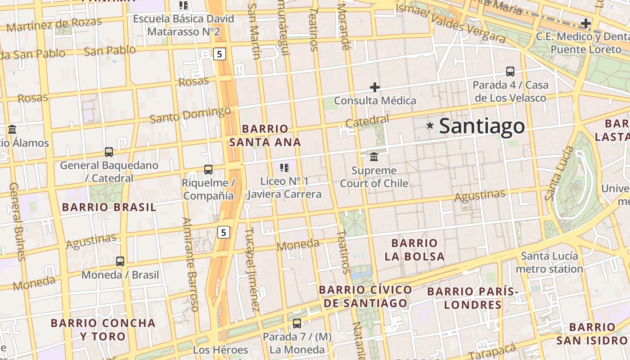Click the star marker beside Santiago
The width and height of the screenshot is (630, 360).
point(430,126)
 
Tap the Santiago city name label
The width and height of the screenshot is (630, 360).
point(481,126)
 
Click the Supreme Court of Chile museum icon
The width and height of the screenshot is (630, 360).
point(374,157)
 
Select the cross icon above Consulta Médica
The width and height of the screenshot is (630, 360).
point(374,87)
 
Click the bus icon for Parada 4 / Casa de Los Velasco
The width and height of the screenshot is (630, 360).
point(510,71)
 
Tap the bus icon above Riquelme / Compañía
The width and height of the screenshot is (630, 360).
point(208,170)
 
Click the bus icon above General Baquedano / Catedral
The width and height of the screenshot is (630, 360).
point(109,152)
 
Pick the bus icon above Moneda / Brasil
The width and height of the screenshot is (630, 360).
point(120,261)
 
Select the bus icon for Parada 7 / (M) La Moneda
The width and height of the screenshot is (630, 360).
point(297,323)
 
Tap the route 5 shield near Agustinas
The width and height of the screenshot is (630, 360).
point(224,232)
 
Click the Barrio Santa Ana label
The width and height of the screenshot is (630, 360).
point(265,135)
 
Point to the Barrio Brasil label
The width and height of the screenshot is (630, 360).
point(109,207)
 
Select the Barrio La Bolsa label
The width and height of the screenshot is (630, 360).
point(414,250)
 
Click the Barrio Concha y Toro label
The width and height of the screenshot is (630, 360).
point(103,329)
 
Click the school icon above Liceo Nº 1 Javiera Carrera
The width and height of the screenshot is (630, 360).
point(284,168)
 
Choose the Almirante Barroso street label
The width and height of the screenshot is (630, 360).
point(190,265)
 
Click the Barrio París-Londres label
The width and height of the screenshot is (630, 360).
point(472,298)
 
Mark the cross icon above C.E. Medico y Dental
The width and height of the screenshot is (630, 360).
point(585,23)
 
